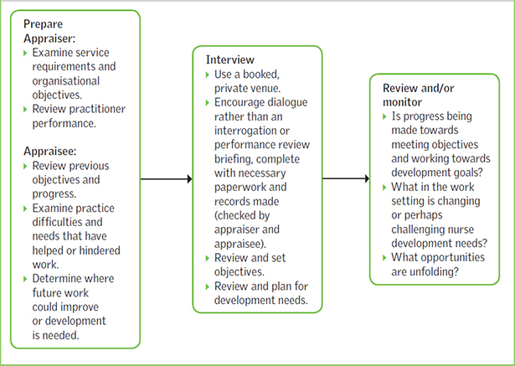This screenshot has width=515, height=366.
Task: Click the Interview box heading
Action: coord(230,61)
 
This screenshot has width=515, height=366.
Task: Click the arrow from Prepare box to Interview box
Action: coord(166,178)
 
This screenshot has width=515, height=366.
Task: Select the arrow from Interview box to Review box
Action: coord(346,178)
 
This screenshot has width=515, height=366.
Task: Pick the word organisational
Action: coord(67,81)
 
